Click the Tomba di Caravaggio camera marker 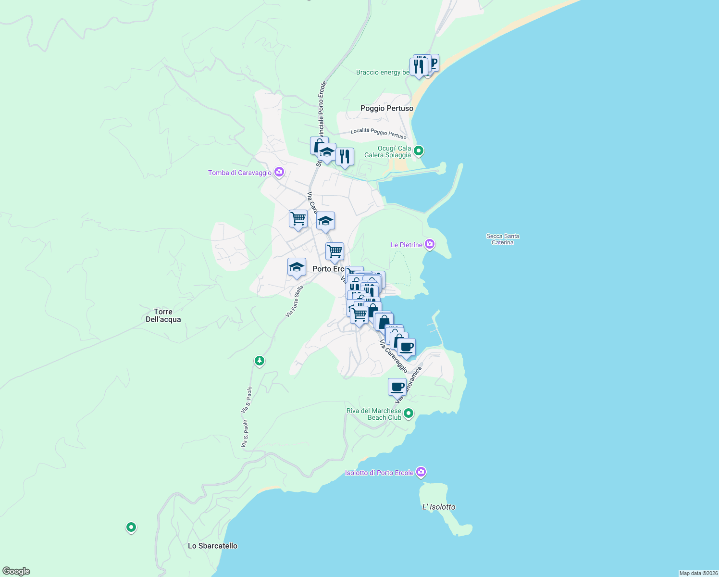point(279,172)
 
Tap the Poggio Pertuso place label point(386,108)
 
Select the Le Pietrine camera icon point(430,244)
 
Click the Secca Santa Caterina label point(502,239)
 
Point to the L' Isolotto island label point(438,507)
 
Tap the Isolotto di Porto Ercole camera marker point(421,472)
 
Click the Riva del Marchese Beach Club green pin point(409,413)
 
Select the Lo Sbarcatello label point(212,546)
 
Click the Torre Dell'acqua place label point(163,315)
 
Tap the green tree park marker point(260,360)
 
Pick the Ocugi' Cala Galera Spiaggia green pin point(419,151)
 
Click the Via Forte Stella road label point(295,301)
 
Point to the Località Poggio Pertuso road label point(378,133)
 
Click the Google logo point(16,571)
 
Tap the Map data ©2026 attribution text point(698,573)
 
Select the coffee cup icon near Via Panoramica point(397,387)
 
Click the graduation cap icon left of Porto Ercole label point(297,267)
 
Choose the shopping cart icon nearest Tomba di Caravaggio point(298,219)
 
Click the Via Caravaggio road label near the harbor point(393,356)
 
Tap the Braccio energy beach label point(383,72)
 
